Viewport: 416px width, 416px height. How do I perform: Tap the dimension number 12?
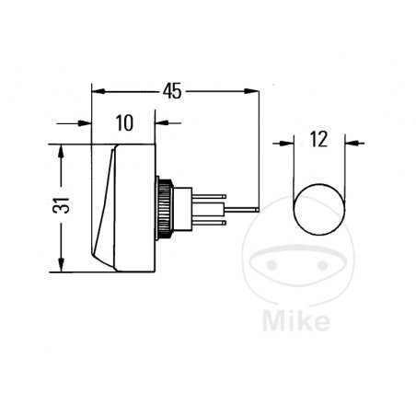pos(318,141)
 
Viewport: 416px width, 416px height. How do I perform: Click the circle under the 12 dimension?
pos(319,209)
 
